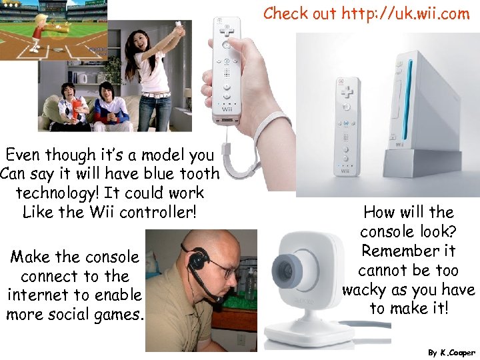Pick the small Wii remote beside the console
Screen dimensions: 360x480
click(346, 127)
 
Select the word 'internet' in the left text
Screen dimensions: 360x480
click(42, 295)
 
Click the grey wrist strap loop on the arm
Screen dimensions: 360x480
click(267, 133)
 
